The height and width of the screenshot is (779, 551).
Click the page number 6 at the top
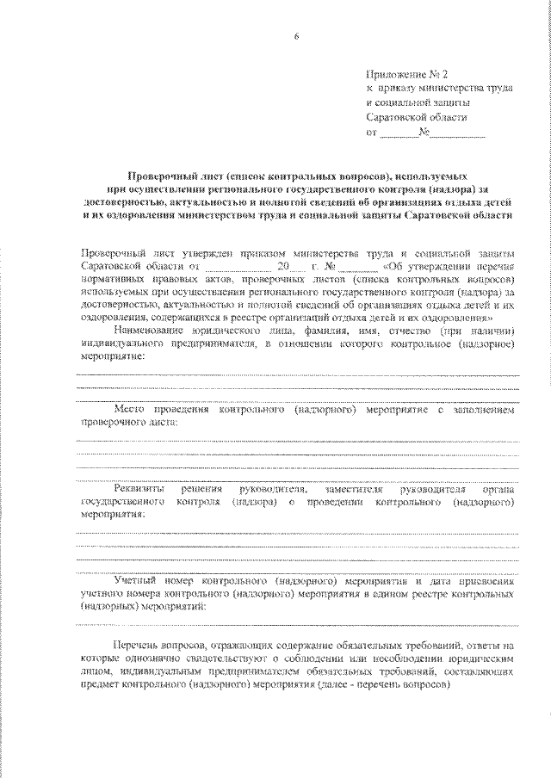coord(296,34)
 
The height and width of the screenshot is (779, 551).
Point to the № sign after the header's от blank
coord(424,133)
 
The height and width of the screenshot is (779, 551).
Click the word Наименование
coord(149,331)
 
